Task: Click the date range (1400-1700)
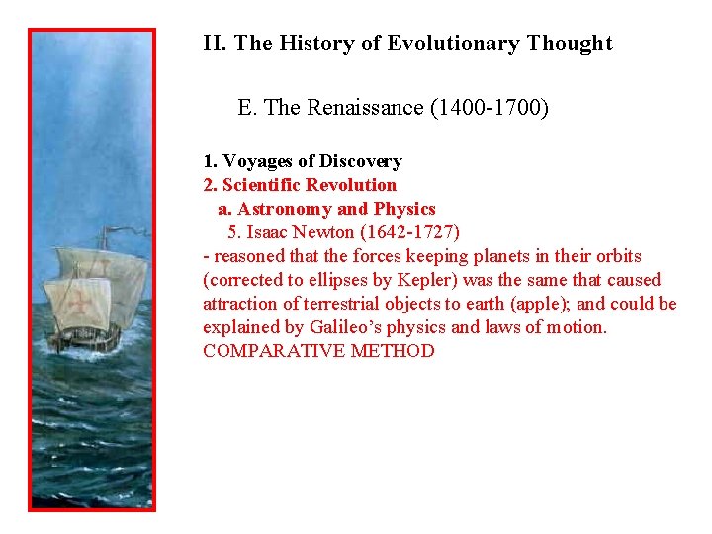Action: (x=489, y=107)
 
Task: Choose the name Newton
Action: (x=325, y=232)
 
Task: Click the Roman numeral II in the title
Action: (x=211, y=44)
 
